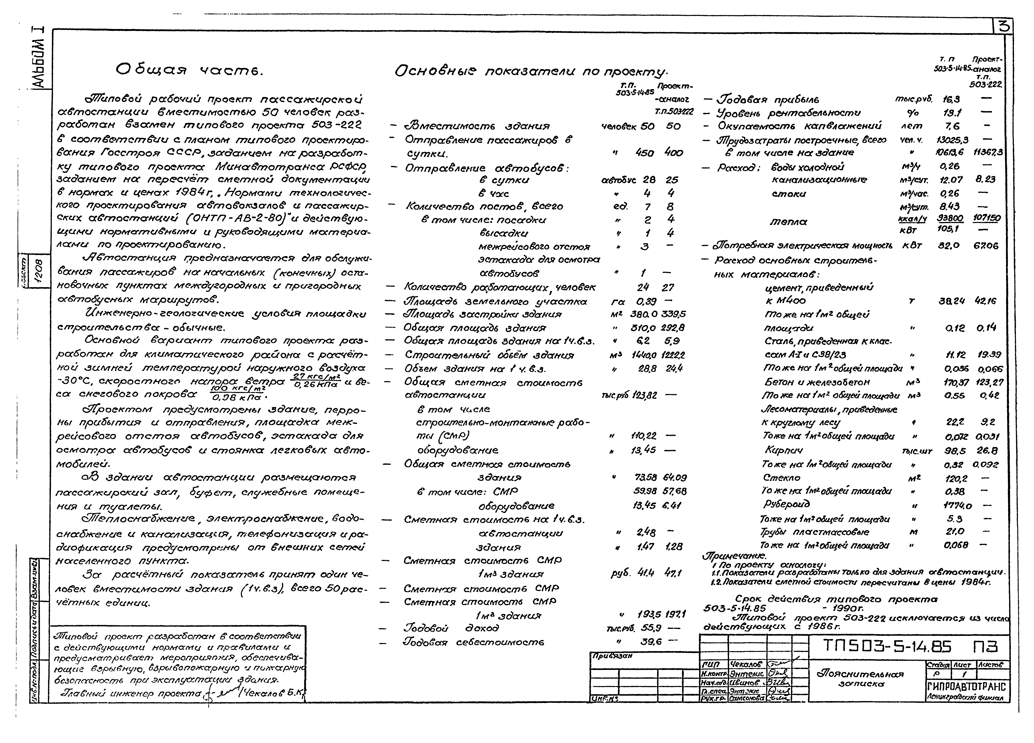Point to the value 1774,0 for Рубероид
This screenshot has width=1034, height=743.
point(956,505)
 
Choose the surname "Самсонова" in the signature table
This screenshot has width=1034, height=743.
point(746,698)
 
